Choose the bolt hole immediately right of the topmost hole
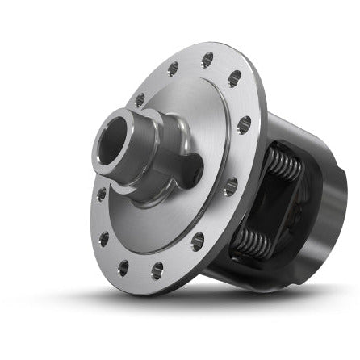234,79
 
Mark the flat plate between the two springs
270,207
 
